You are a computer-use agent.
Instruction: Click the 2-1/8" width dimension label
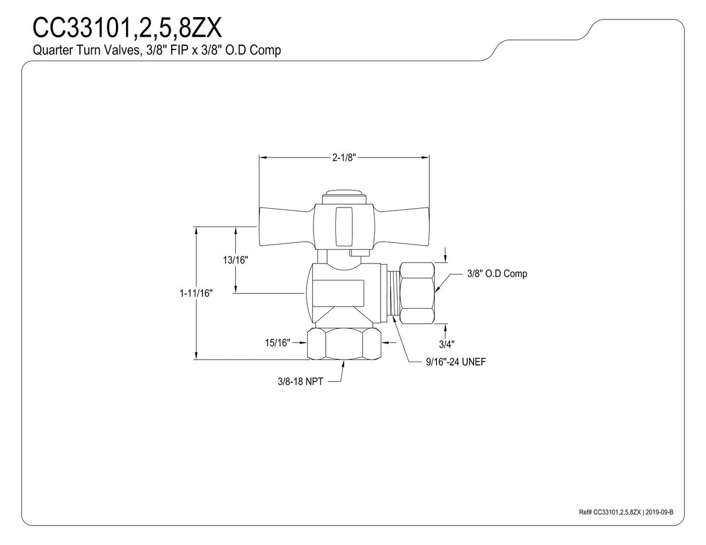pos(344,158)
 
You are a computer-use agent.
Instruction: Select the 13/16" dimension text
pos(235,260)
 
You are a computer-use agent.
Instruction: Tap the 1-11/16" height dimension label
pos(196,293)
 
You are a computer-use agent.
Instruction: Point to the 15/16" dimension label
pos(278,343)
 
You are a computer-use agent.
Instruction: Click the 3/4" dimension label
pos(447,345)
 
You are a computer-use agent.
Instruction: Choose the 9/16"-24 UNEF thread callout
pos(456,362)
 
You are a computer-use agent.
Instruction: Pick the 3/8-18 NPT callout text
pos(301,382)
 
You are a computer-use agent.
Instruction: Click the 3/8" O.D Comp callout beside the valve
pos(497,273)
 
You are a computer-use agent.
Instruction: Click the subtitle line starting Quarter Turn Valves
pos(156,51)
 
